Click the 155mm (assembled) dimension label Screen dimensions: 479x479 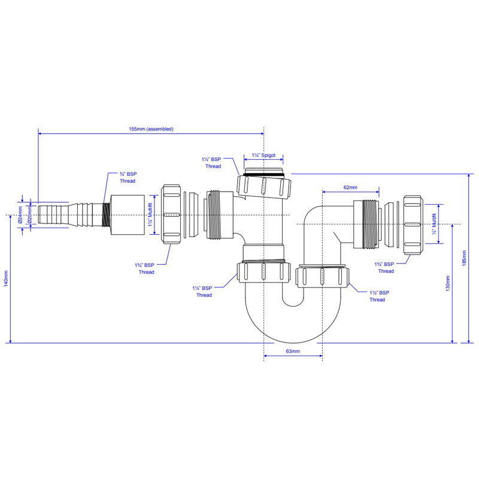click(151, 129)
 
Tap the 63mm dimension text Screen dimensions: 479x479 click(293, 351)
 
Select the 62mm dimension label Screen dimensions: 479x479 click(350, 187)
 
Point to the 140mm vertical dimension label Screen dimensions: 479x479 click(6, 278)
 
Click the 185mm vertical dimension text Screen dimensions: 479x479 click(464, 258)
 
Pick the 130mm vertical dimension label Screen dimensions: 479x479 click(448, 283)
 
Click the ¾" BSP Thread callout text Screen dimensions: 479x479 click(128, 177)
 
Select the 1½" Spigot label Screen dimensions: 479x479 click(263, 155)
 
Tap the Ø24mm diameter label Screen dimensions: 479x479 click(20, 215)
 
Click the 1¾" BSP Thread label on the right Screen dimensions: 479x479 click(384, 268)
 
